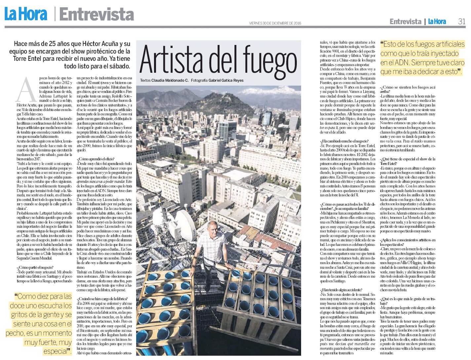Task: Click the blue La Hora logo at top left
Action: pyautogui.click(x=26, y=14)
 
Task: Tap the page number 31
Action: pyautogui.click(x=461, y=21)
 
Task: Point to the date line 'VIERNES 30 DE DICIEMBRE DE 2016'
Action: pyautogui.click(x=275, y=23)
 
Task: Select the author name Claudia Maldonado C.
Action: pyautogui.click(x=170, y=80)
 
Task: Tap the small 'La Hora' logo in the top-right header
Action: pyautogui.click(x=437, y=22)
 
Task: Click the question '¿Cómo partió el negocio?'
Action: pyautogui.click(x=34, y=267)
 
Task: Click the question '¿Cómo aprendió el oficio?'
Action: pyautogui.click(x=94, y=159)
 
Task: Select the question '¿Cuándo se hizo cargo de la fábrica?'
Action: pyautogui.click(x=102, y=299)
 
